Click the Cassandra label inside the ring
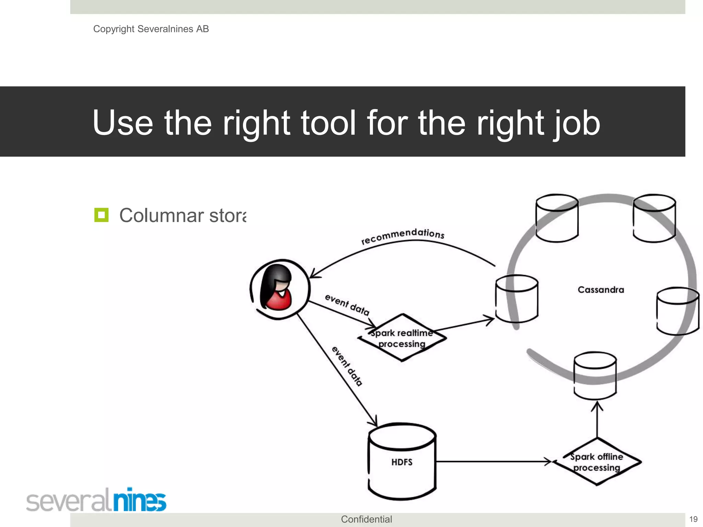[601, 290]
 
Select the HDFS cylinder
[402, 462]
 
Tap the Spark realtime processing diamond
[402, 338]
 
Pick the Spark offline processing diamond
[597, 462]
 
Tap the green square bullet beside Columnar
[101, 215]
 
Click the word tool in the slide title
[328, 122]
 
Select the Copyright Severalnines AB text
[151, 29]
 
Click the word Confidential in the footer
[366, 519]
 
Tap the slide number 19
[693, 519]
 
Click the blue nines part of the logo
[140, 500]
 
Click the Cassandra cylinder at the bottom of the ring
[595, 376]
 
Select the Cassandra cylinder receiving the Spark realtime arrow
[517, 298]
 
